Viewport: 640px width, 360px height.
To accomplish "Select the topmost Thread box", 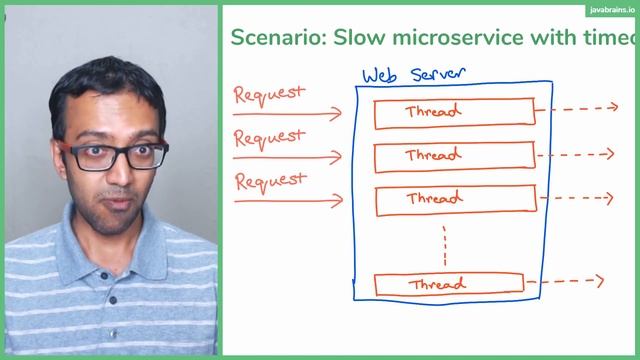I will click(454, 113).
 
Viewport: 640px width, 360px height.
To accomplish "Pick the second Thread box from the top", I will click(454, 157).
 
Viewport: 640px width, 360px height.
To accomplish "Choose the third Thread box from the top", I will click(454, 200).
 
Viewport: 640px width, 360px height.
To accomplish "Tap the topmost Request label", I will click(269, 95).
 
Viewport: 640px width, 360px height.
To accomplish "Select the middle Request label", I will click(269, 137).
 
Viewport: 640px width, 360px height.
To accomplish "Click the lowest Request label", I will click(269, 181).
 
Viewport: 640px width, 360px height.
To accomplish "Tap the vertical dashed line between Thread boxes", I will click(443, 242).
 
